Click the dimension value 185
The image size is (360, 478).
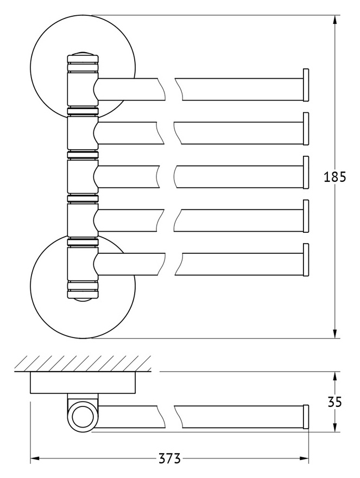click(334, 177)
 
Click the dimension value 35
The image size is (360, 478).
click(334, 403)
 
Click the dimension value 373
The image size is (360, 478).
click(169, 458)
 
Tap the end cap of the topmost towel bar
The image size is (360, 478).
click(306, 85)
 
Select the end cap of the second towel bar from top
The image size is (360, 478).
click(306, 129)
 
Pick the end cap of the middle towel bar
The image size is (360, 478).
click(306, 172)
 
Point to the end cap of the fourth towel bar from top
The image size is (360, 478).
click(306, 216)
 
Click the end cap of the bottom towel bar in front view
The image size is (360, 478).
click(306, 259)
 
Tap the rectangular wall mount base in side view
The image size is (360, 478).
click(83, 383)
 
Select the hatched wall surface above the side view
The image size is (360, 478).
click(83, 364)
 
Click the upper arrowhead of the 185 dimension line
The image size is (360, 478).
click(334, 21)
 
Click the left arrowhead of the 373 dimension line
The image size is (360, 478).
click(36, 458)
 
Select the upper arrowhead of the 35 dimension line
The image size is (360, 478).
click(334, 378)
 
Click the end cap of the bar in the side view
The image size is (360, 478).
click(306, 417)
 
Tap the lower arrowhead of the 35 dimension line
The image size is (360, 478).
click(334, 426)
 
